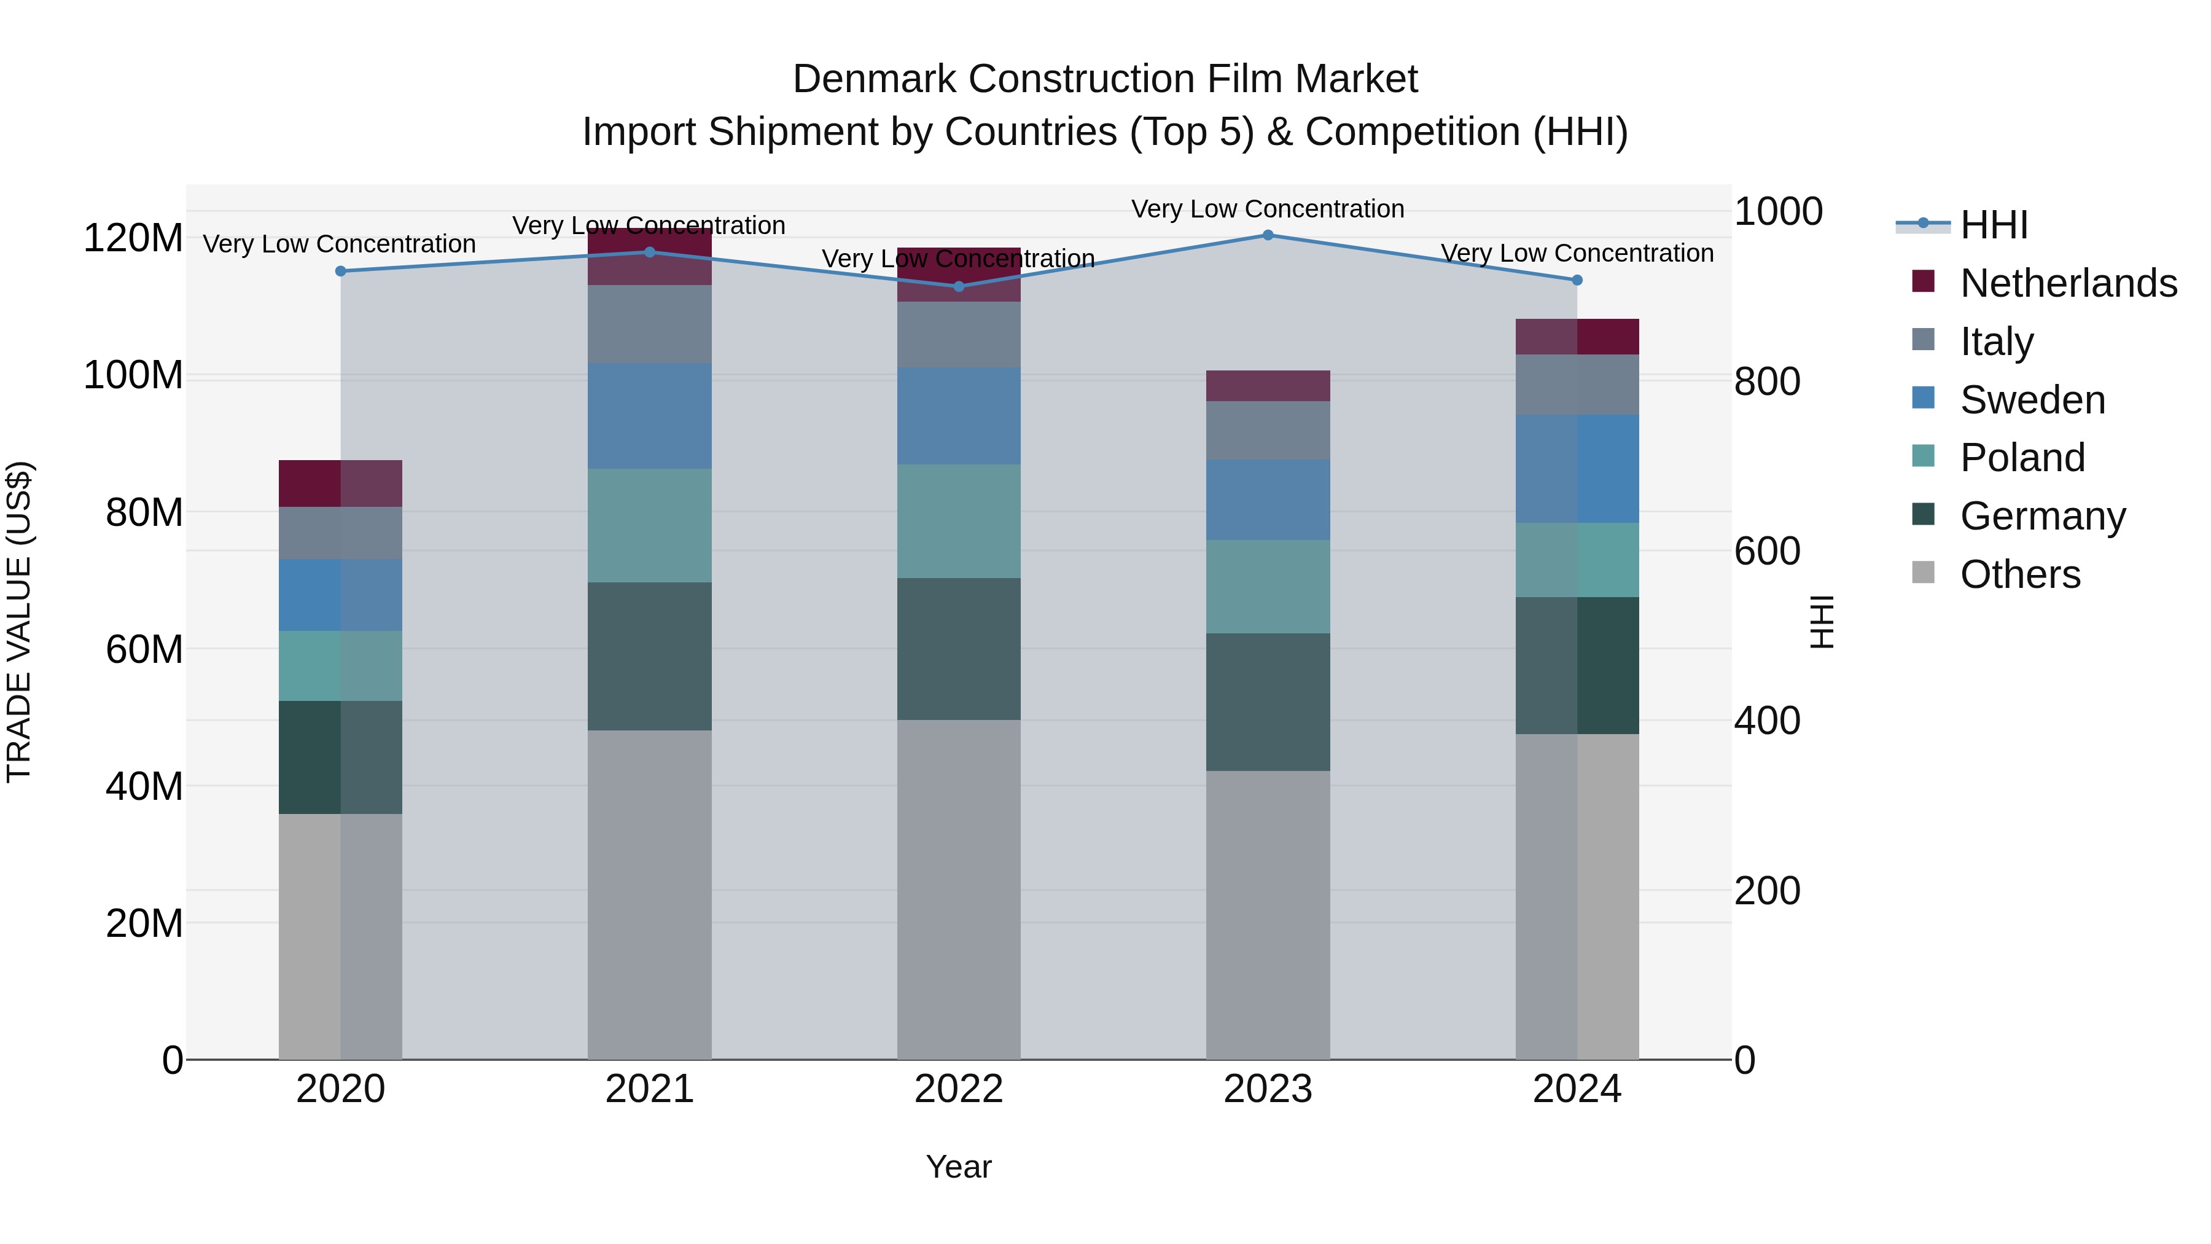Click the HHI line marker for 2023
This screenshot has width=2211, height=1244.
click(1268, 235)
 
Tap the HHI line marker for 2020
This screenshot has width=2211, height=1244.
click(341, 272)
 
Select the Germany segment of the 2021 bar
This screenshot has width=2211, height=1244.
click(650, 656)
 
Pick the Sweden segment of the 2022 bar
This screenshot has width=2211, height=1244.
click(959, 417)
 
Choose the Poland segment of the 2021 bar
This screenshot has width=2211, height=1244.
click(650, 525)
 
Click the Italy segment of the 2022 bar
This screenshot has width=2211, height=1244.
click(959, 335)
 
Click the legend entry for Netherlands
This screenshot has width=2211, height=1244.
click(2067, 283)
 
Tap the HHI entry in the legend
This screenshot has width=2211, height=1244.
click(1993, 225)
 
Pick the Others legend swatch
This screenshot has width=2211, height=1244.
click(1924, 573)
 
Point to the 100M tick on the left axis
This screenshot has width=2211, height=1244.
click(133, 376)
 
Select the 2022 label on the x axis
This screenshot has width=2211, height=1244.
click(959, 1089)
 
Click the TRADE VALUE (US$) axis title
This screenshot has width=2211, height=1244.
click(19, 622)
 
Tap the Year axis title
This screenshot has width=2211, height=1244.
click(959, 1167)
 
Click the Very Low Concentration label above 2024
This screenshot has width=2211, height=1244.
click(1577, 253)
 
